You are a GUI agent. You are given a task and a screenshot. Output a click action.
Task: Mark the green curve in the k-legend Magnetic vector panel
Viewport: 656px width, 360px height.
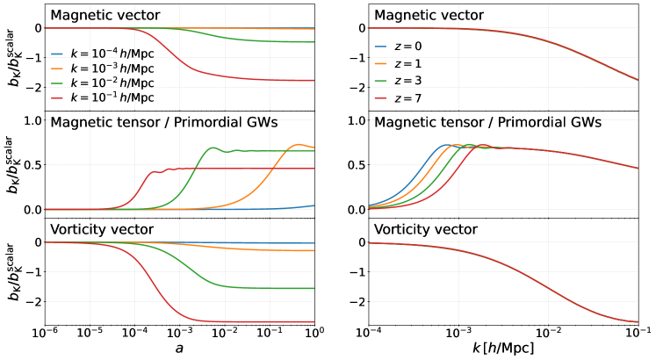pos(263,41)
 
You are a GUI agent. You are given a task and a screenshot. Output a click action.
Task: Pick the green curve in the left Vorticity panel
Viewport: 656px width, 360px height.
pos(263,288)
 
